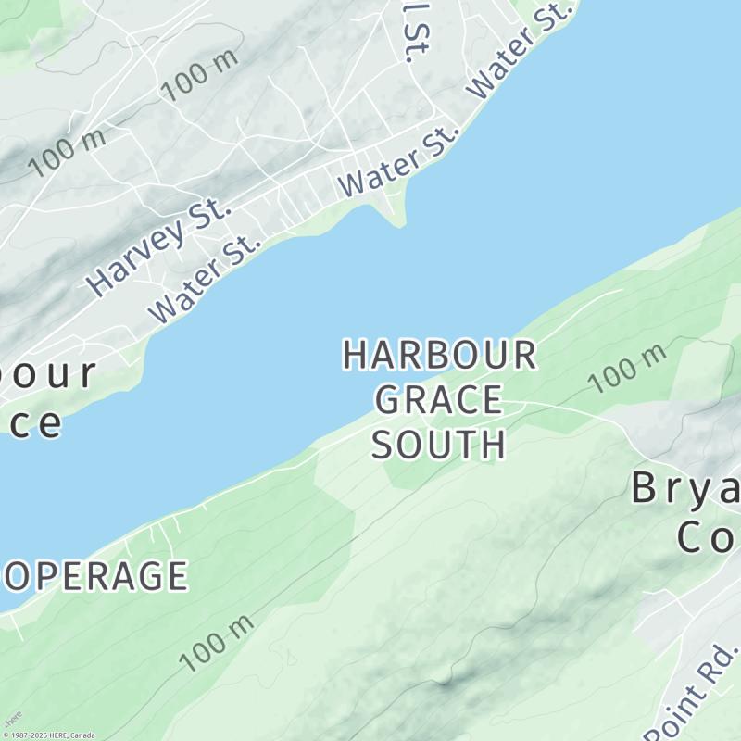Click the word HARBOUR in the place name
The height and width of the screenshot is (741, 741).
pyautogui.click(x=439, y=356)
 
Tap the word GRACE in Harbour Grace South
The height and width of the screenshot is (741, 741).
pyautogui.click(x=439, y=400)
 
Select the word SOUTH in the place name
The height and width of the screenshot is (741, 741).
pyautogui.click(x=439, y=445)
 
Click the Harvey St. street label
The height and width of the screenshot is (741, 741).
pyautogui.click(x=158, y=247)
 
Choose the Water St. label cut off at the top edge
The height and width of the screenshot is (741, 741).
pyautogui.click(x=521, y=51)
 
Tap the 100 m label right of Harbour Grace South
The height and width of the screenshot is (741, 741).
pyautogui.click(x=627, y=368)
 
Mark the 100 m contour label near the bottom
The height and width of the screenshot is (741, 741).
pyautogui.click(x=216, y=644)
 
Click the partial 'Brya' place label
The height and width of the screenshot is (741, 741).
pyautogui.click(x=685, y=487)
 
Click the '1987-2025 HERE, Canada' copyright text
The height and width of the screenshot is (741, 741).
pyautogui.click(x=51, y=735)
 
